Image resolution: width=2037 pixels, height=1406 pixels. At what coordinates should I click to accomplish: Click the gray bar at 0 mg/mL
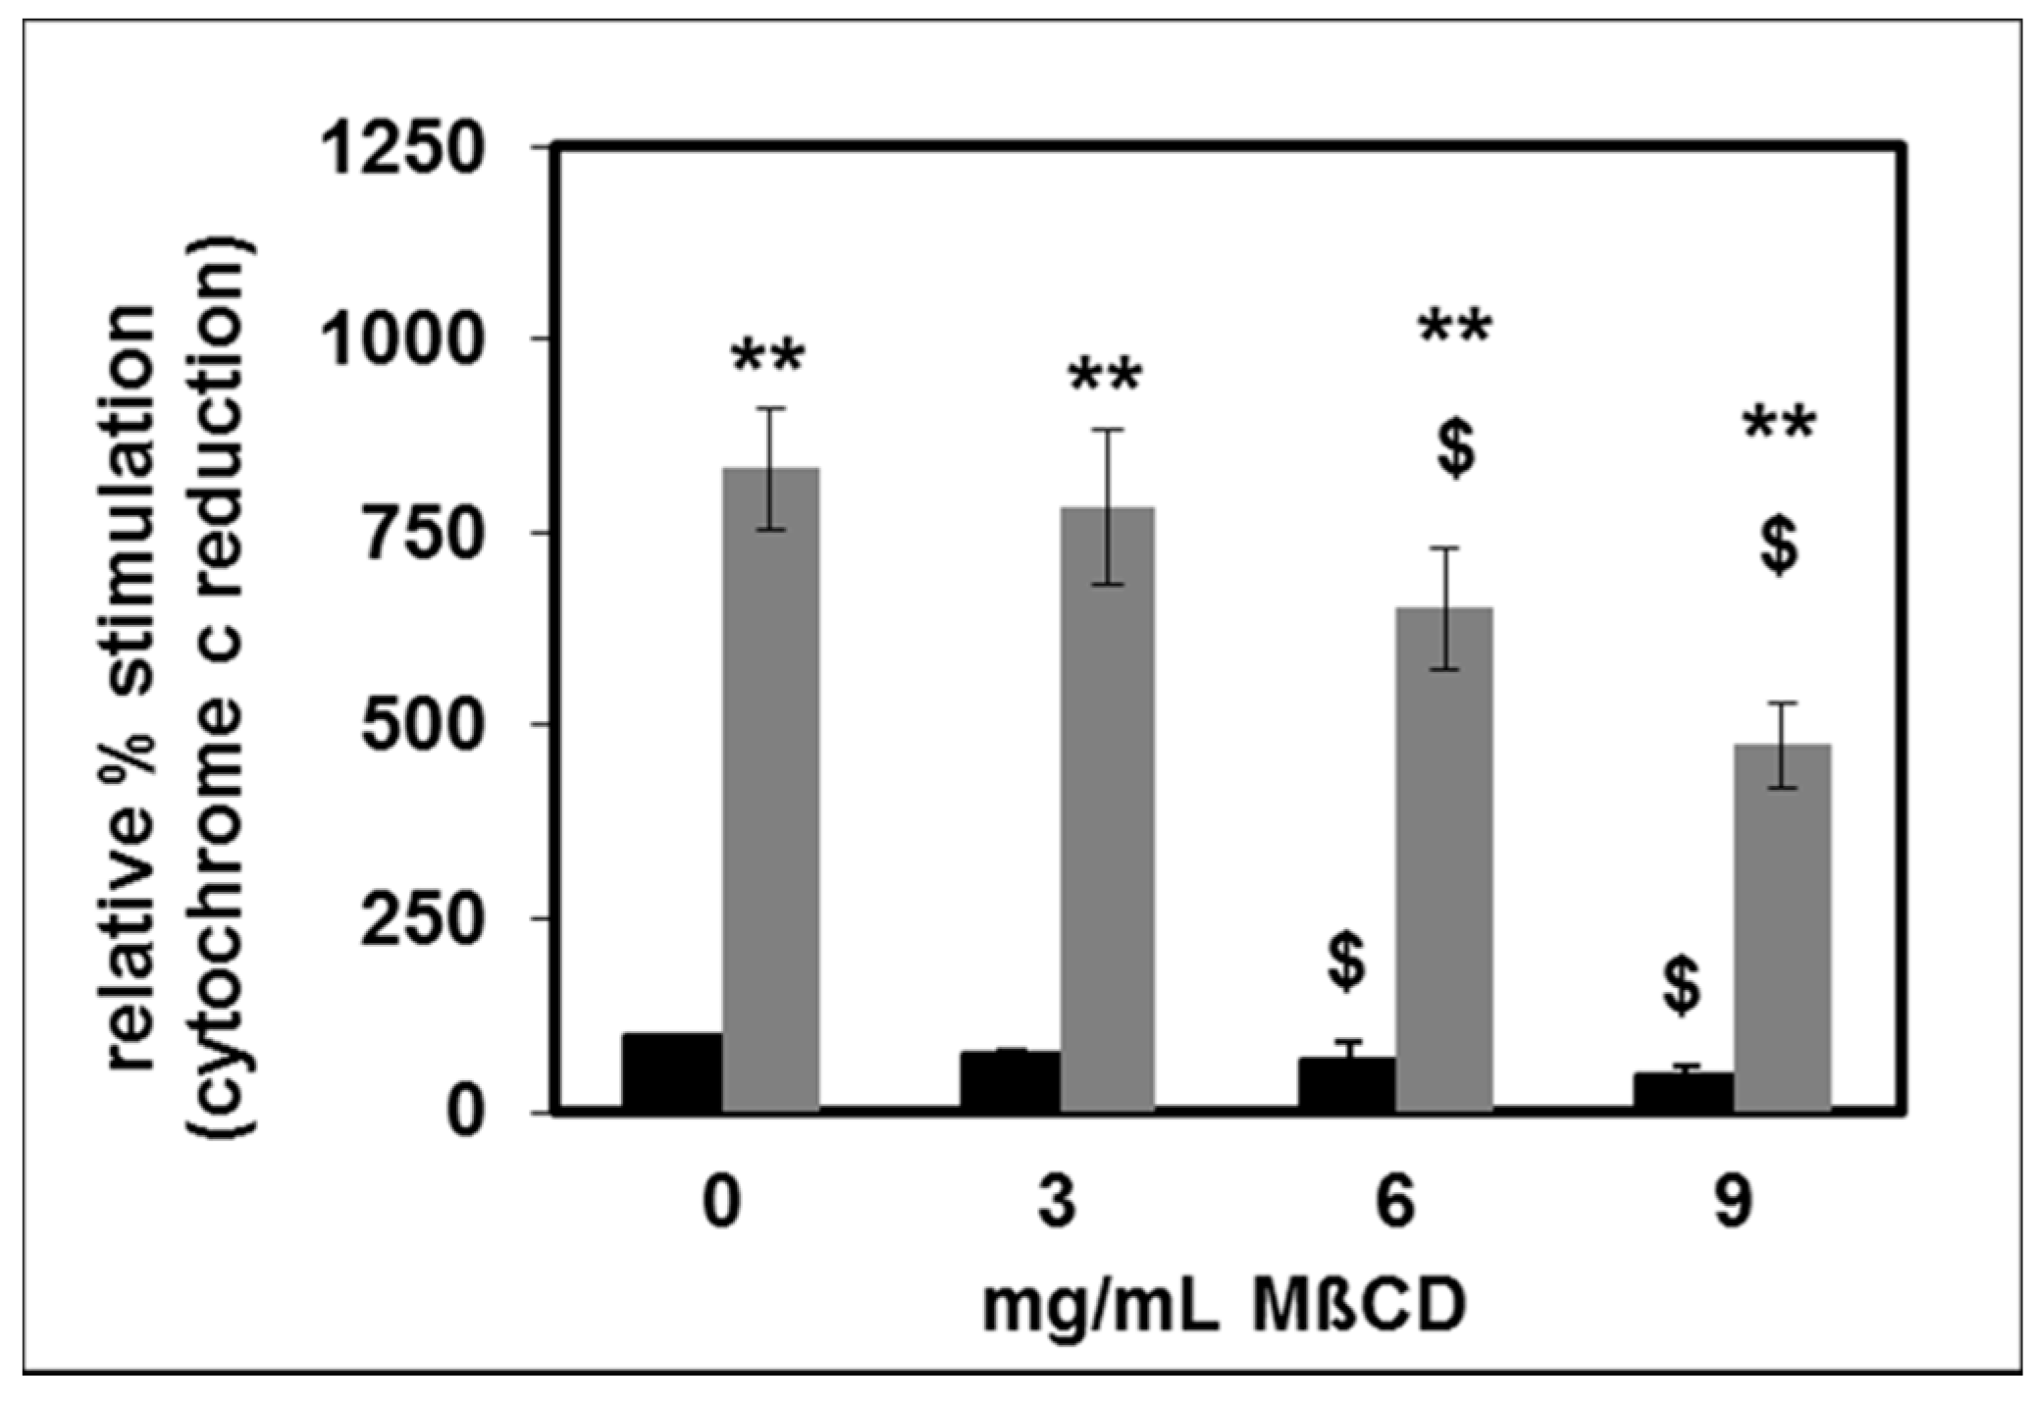pos(770,790)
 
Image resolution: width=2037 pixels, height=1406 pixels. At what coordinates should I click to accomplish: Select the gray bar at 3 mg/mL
pos(1107,809)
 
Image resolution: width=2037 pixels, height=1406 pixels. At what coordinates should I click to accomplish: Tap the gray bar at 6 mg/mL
pos(1444,859)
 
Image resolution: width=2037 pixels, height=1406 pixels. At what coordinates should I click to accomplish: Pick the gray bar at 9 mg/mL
pos(1781,927)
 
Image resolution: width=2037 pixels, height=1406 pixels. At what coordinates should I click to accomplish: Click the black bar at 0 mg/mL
pos(672,1072)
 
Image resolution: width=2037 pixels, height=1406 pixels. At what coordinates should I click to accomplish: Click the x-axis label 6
pos(1394,1203)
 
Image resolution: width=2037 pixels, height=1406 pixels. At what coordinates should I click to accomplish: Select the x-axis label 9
pos(1733,1203)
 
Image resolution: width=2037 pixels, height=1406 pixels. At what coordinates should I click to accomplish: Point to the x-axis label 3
pos(1057,1203)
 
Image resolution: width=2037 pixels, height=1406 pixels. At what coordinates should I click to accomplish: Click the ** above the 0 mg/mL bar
pos(767,360)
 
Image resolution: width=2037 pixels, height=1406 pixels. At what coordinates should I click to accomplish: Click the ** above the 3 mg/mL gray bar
pos(1106,379)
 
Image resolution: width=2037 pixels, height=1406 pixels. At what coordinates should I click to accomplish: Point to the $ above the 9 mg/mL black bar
pos(1682,986)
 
